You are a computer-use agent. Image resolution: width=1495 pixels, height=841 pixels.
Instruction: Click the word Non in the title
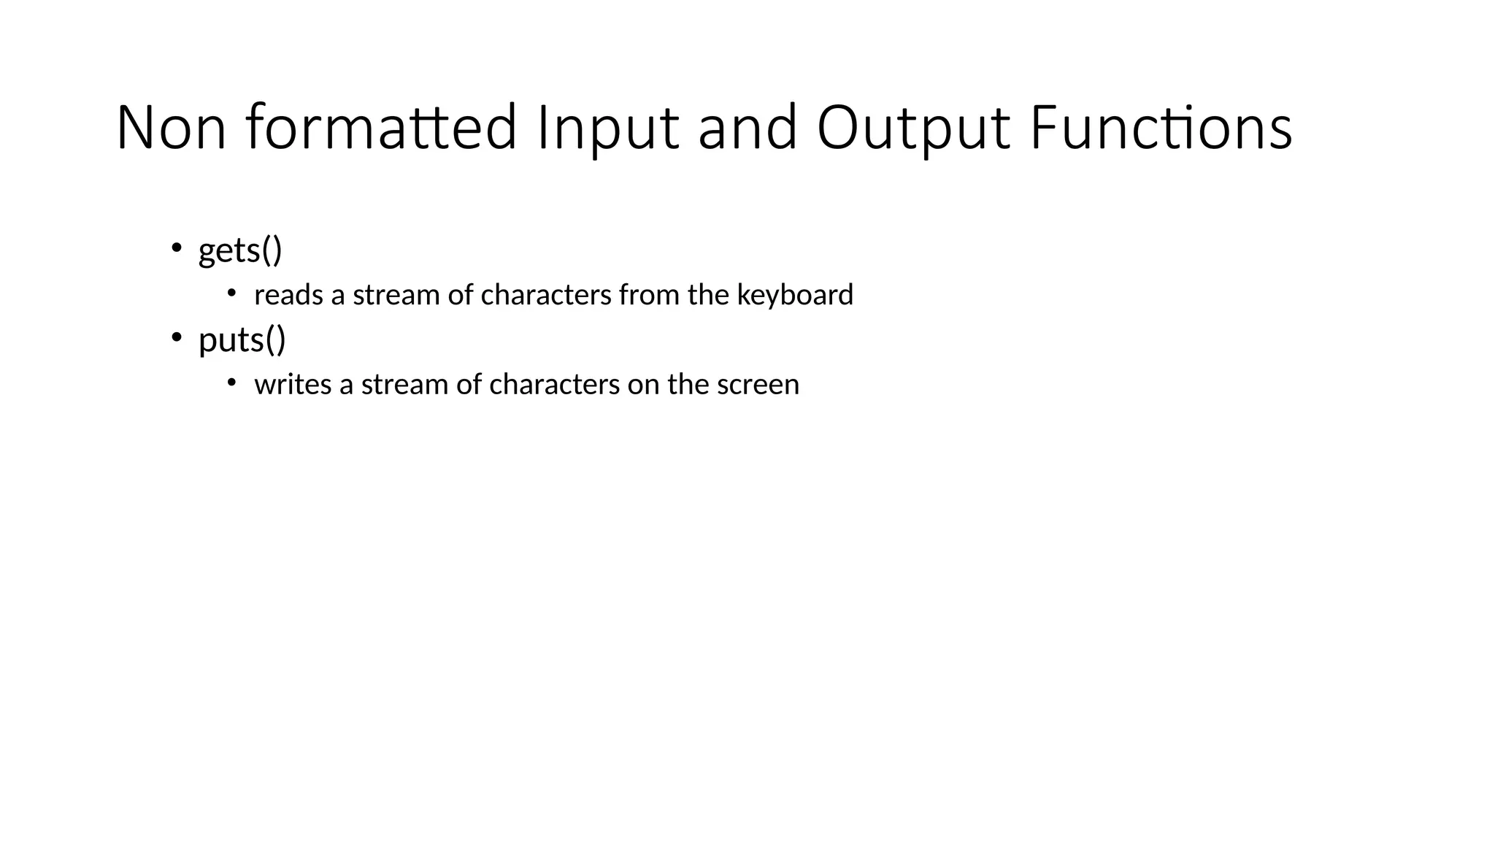pos(171,128)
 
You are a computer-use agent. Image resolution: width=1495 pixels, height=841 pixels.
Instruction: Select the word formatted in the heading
pos(381,128)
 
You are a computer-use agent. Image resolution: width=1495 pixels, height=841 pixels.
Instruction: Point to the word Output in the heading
pos(913,128)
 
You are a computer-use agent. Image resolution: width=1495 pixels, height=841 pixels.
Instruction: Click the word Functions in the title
pos(1161,128)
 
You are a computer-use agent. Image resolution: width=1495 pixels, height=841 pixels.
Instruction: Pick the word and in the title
pos(747,128)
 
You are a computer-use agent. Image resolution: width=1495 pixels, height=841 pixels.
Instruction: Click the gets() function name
pos(240,250)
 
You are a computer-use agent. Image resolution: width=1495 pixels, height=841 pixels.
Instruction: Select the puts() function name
pos(242,340)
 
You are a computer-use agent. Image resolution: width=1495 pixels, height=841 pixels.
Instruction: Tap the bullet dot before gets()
pos(176,247)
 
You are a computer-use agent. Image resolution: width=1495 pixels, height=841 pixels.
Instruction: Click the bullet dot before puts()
pos(176,337)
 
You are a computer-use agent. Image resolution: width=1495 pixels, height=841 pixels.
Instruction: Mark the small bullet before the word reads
pos(231,293)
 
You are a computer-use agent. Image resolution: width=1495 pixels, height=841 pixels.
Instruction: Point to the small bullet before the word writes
pos(231,383)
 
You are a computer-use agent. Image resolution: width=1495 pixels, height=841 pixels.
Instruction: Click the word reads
pos(288,295)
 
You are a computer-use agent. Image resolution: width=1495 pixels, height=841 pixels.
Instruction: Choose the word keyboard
pos(795,295)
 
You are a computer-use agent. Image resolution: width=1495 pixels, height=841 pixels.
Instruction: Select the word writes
pos(293,385)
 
